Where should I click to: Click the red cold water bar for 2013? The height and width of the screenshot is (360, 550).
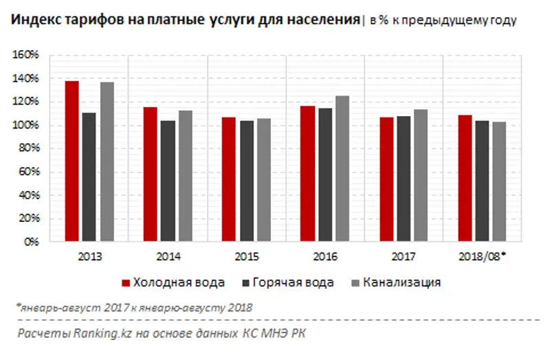pyautogui.click(x=71, y=161)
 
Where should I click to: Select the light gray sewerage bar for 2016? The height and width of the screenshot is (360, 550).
pyautogui.click(x=342, y=169)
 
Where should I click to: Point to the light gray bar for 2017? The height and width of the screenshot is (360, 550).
pyautogui.click(x=420, y=176)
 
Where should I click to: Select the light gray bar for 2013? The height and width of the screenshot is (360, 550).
pyautogui.click(x=107, y=162)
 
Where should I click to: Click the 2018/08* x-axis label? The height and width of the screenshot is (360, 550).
pyautogui.click(x=481, y=257)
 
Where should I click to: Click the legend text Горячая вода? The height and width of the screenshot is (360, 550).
pyautogui.click(x=294, y=282)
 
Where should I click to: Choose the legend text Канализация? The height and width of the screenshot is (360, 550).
pyautogui.click(x=402, y=282)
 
